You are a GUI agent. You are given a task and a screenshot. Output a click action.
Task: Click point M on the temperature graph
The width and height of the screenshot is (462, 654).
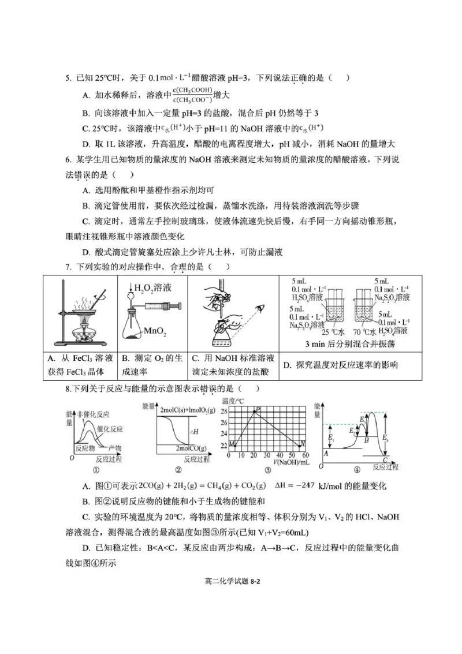point(231,443)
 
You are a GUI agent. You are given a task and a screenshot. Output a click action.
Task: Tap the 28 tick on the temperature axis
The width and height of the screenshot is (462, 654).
point(224,410)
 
